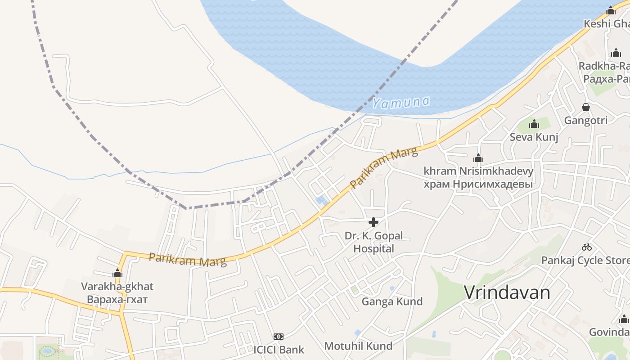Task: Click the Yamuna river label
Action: tap(400, 103)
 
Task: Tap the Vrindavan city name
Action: tap(507, 293)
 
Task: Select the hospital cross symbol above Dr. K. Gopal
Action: tap(373, 222)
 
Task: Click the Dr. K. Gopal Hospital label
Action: tap(373, 242)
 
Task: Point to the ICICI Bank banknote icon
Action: tap(279, 337)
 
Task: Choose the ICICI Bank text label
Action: tap(279, 350)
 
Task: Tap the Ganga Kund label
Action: tap(392, 301)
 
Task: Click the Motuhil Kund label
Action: tap(358, 346)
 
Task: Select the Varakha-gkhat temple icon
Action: tap(117, 273)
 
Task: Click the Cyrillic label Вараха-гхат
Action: tap(117, 299)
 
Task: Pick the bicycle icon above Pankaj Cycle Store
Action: tap(586, 247)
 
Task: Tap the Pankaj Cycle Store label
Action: tap(585, 261)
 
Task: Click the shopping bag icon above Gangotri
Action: tap(586, 107)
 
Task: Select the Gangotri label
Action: tap(586, 121)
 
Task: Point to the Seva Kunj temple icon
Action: tap(534, 124)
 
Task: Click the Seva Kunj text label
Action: tap(534, 137)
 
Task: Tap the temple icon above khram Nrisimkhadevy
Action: tap(478, 158)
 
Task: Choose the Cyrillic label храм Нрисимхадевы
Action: tap(478, 184)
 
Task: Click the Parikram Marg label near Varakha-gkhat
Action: tap(187, 260)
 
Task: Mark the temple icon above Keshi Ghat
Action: tap(610, 10)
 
